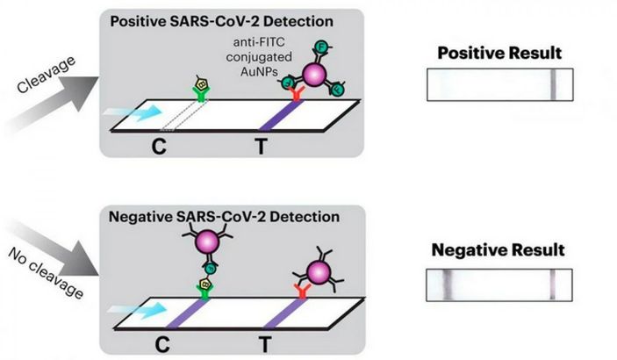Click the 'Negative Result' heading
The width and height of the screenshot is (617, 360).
[x=499, y=250]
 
